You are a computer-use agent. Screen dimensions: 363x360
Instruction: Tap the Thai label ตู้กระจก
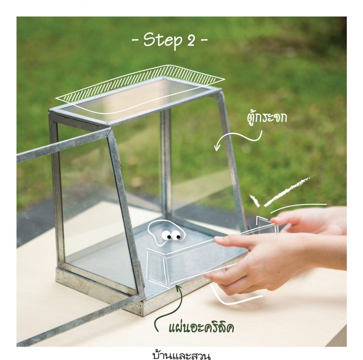[x=267, y=117]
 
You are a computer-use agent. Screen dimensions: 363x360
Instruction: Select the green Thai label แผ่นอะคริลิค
[x=201, y=327]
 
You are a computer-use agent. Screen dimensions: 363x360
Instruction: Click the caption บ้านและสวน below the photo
[x=181, y=355]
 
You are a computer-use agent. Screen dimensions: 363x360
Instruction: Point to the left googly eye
[x=167, y=235]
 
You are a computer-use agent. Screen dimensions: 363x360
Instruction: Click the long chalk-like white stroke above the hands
[x=289, y=191]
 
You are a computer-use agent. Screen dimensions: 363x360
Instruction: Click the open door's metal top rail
[x=62, y=146]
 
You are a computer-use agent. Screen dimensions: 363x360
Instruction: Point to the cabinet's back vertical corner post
[x=167, y=162]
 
